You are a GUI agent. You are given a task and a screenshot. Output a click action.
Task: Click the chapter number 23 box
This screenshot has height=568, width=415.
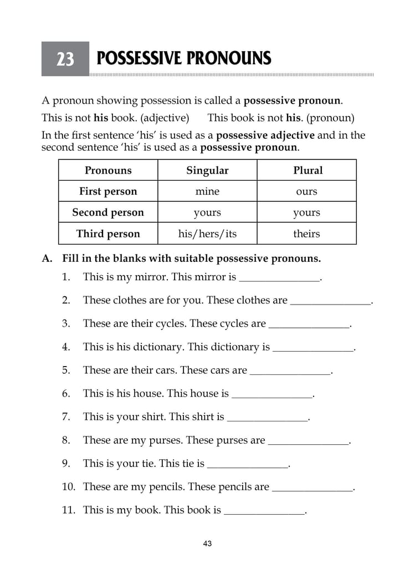pyautogui.click(x=65, y=59)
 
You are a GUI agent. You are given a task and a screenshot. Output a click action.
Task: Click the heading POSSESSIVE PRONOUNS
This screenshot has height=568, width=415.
pyautogui.click(x=183, y=58)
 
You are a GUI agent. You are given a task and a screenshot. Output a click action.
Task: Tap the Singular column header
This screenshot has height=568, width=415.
pyautogui.click(x=207, y=170)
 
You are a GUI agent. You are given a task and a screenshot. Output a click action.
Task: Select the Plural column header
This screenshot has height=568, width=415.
pyautogui.click(x=307, y=170)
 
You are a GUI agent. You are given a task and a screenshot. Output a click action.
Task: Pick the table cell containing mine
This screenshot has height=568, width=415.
pyautogui.click(x=207, y=191)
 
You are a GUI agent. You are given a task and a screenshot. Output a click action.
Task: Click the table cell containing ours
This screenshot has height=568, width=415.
pyautogui.click(x=307, y=191)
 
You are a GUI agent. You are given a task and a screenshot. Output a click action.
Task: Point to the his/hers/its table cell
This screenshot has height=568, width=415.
pyautogui.click(x=207, y=234)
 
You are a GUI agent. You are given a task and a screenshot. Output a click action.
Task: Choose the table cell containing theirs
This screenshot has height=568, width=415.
pyautogui.click(x=307, y=234)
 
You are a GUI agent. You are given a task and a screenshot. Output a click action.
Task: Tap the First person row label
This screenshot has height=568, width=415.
pyautogui.click(x=108, y=191)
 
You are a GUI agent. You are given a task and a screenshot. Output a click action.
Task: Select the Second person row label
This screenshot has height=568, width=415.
pyautogui.click(x=108, y=212)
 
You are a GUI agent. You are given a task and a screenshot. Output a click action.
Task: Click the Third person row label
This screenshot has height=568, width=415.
pyautogui.click(x=108, y=234)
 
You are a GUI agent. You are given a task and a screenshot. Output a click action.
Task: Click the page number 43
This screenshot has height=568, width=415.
pyautogui.click(x=207, y=544)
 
